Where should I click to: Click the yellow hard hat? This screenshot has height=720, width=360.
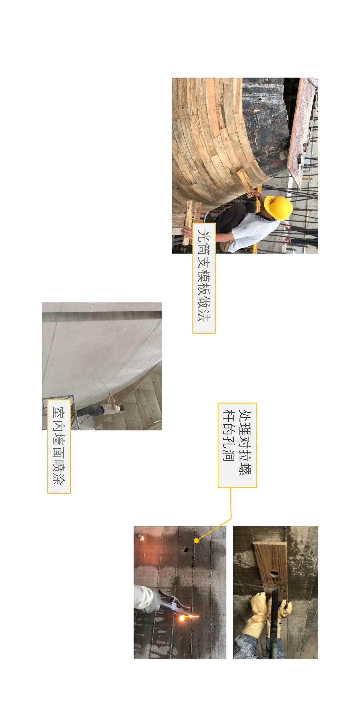pyautogui.click(x=278, y=208)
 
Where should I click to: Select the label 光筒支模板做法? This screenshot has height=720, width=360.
pyautogui.click(x=204, y=278)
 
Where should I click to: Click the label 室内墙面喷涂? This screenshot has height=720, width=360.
pyautogui.click(x=59, y=446)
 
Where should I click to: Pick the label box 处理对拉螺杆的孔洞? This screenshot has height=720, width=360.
pyautogui.click(x=237, y=445)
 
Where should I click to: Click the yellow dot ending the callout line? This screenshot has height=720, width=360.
pyautogui.click(x=197, y=541)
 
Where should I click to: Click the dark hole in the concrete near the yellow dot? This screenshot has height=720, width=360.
pyautogui.click(x=186, y=549)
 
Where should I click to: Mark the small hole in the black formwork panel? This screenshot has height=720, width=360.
pyautogui.click(x=260, y=99)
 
